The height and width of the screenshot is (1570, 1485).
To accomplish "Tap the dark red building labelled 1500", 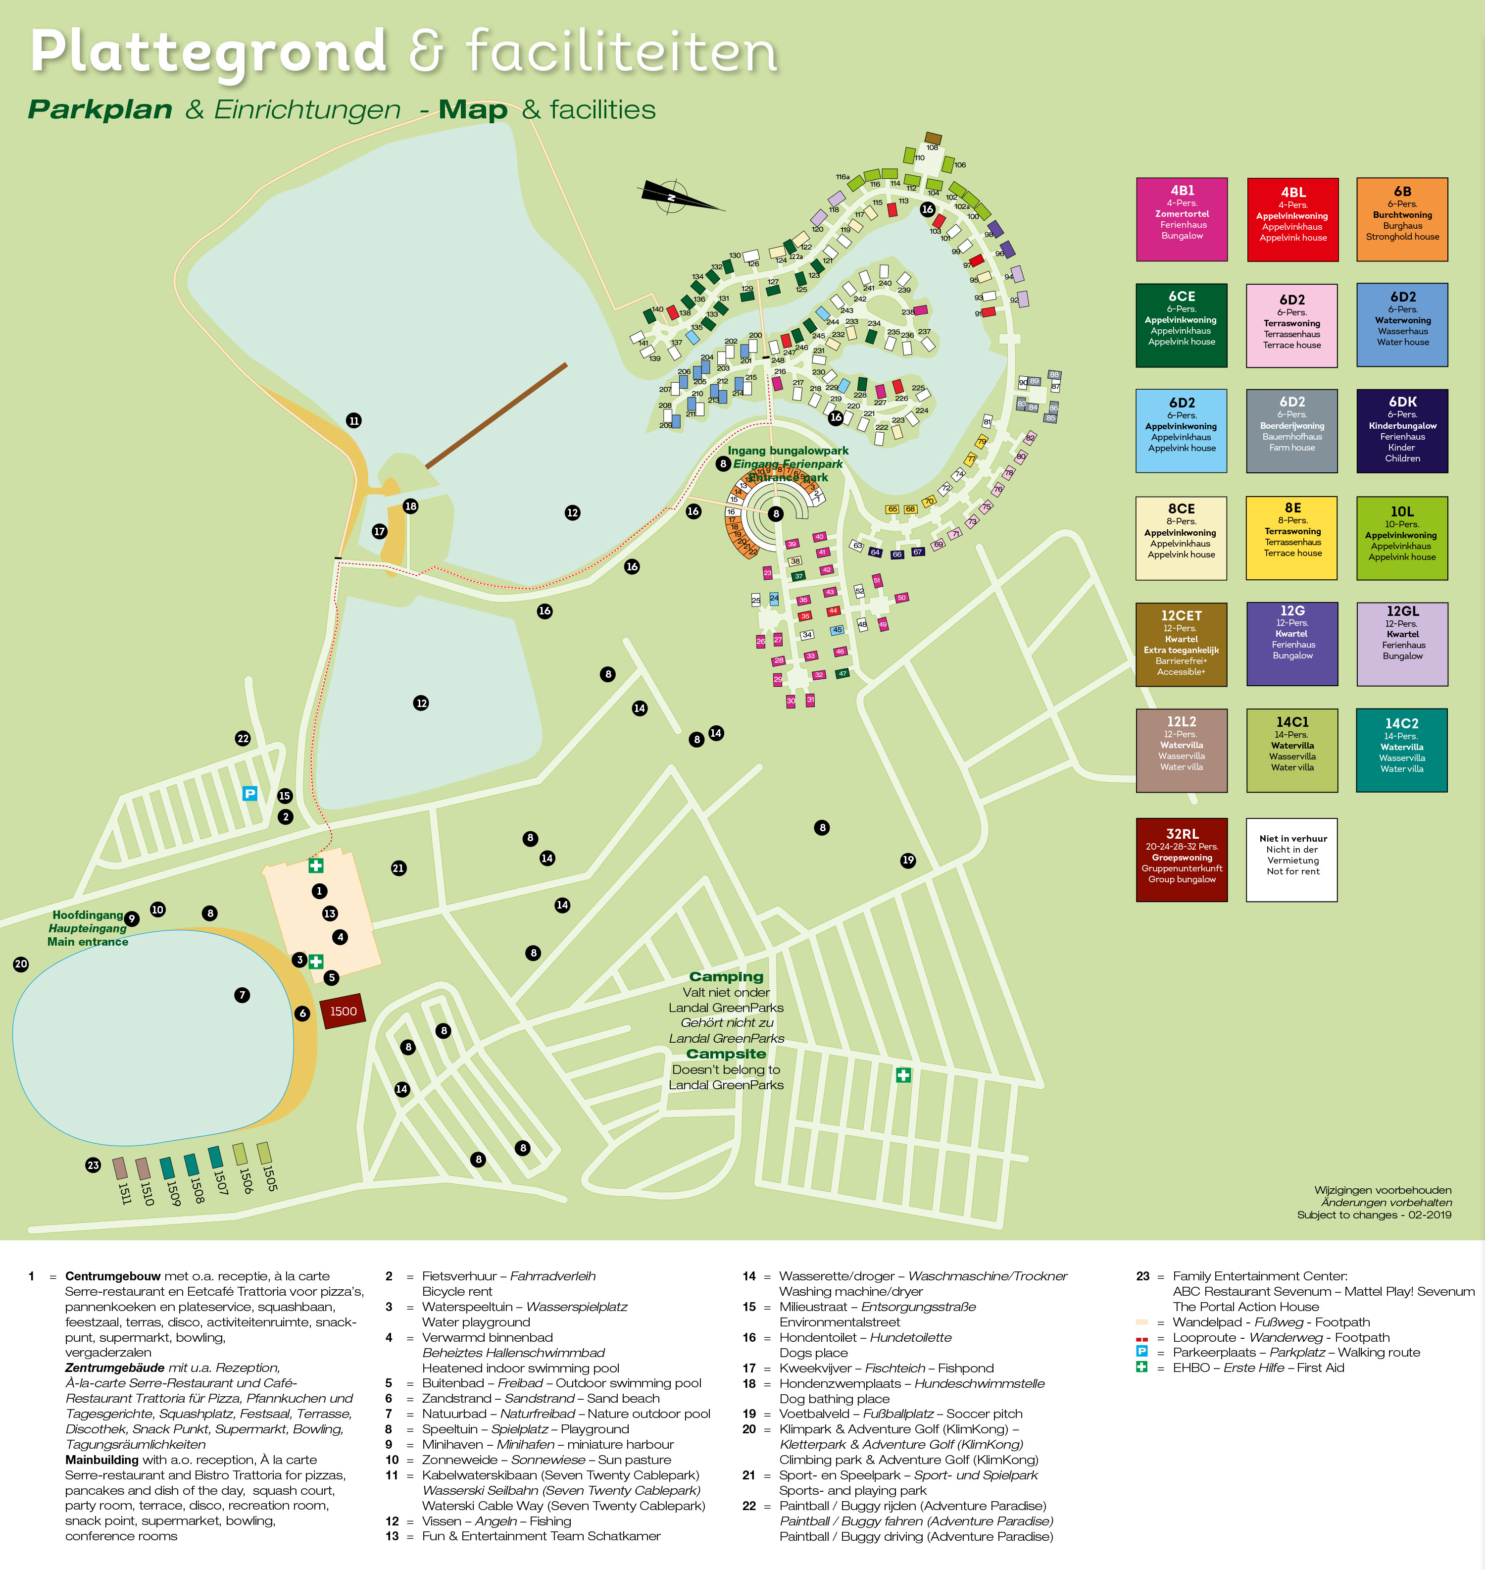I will (x=343, y=1011).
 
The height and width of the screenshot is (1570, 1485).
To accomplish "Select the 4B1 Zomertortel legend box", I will (x=1181, y=219).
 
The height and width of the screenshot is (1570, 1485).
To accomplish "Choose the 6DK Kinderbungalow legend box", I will (x=1402, y=431).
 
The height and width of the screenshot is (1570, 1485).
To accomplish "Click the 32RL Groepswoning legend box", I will (x=1181, y=859).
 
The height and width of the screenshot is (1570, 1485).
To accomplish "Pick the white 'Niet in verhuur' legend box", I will (x=1292, y=859).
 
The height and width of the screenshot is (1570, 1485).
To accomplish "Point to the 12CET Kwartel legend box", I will (x=1181, y=644).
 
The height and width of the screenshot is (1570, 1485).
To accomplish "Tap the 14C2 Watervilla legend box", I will (x=1402, y=750).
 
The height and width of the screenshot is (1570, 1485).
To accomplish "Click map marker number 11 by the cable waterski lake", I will (x=354, y=420).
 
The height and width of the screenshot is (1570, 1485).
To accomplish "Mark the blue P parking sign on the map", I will (x=249, y=793).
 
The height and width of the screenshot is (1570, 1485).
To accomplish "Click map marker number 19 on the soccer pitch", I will (x=908, y=861).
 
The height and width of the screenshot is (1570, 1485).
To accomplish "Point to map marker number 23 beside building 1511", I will (x=94, y=1165).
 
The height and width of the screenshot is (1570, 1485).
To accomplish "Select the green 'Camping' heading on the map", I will (x=726, y=976).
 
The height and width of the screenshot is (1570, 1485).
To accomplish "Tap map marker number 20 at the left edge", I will (x=21, y=963).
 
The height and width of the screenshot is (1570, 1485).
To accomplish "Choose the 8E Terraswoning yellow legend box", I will (x=1292, y=538).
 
